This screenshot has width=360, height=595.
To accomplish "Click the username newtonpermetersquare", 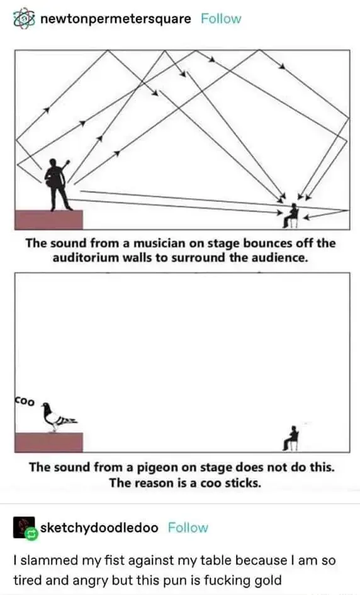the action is point(116,19).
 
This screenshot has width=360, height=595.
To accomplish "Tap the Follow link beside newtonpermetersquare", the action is point(221,19).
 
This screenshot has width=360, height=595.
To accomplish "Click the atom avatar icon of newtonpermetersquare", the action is point(24,18).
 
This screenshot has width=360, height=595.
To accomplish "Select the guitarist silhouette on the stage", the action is point(57,184).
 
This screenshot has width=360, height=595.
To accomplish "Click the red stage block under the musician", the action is point(48,220).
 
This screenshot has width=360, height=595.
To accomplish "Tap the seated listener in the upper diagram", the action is point(291,216).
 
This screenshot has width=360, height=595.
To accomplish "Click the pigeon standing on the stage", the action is point(59,417).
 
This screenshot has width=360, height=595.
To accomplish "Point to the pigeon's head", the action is point(47,406).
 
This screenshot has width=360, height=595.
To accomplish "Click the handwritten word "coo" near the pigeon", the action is point(25,400).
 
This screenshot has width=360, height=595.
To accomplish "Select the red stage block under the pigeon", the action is point(48,442).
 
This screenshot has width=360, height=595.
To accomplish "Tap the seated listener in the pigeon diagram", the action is point(291,438).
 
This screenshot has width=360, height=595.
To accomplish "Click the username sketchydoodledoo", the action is point(99,528).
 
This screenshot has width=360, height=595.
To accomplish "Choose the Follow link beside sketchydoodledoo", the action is point(188,528).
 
